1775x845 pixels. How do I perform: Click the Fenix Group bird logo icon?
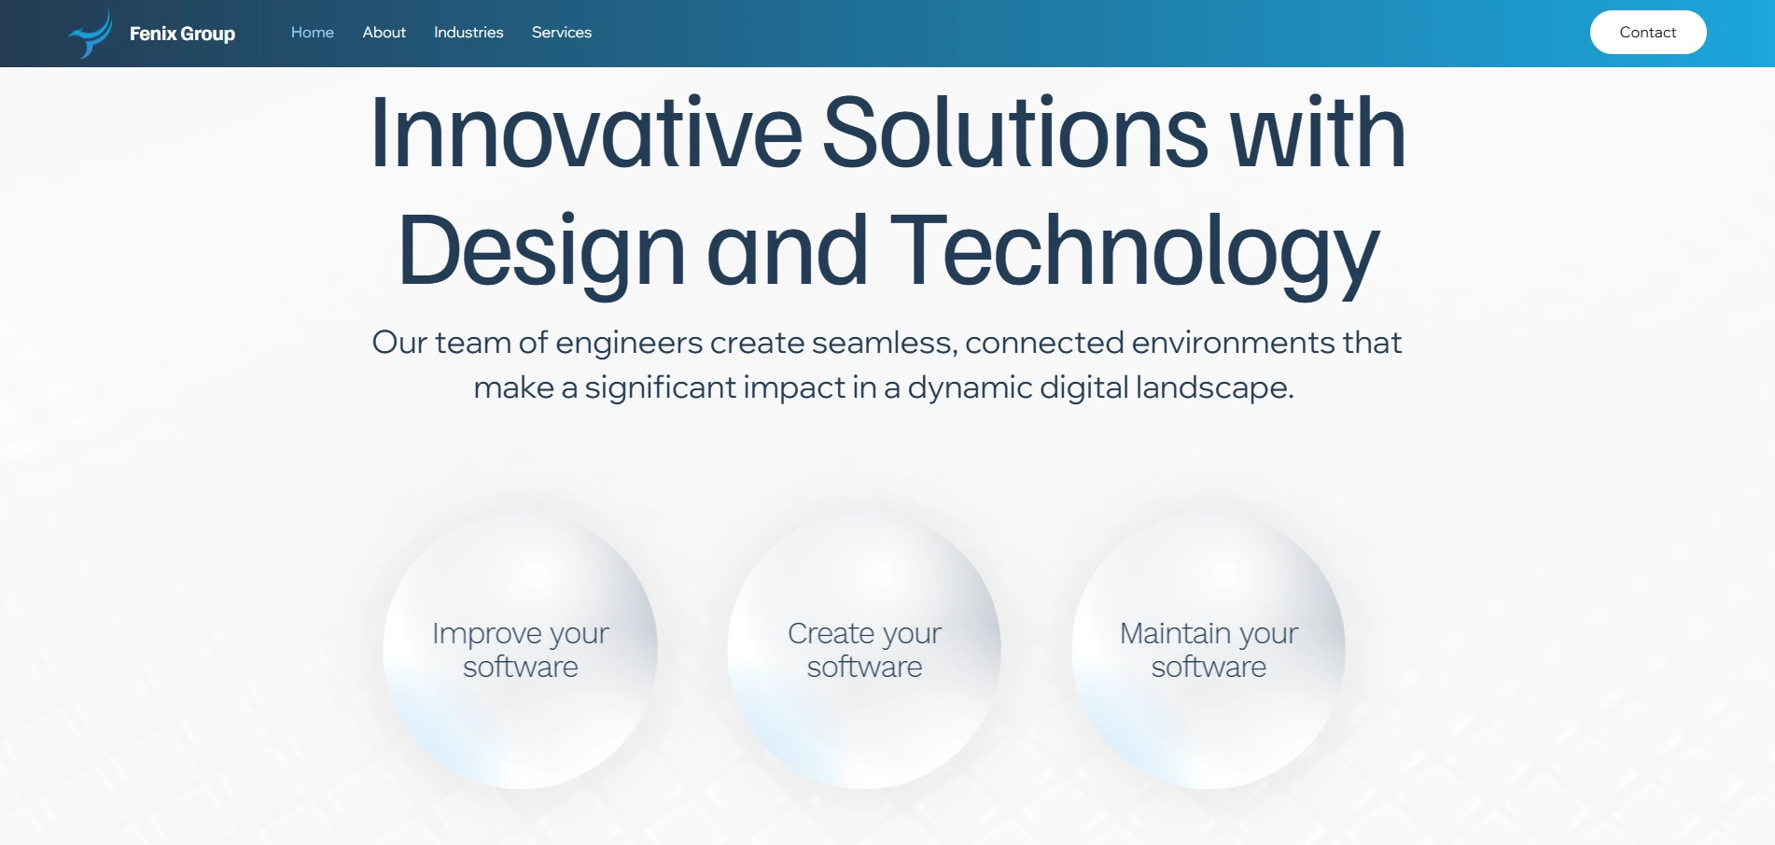[91, 35]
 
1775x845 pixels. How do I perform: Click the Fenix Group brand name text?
[182, 34]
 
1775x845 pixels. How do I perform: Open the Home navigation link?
[313, 33]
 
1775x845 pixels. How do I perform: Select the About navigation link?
[384, 33]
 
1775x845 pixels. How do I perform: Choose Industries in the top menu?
[468, 33]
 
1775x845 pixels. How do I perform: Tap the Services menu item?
[562, 33]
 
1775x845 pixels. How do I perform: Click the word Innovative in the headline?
[586, 133]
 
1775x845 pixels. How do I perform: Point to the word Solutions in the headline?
[1015, 133]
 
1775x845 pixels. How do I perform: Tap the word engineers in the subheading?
[629, 344]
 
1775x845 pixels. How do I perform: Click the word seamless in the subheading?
[885, 344]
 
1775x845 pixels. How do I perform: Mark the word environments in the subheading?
[1234, 343]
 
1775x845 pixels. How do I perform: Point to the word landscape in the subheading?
[1214, 387]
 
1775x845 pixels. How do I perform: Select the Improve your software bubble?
[521, 650]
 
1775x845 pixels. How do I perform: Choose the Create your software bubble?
[864, 650]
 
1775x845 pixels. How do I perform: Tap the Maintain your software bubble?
[1209, 650]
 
